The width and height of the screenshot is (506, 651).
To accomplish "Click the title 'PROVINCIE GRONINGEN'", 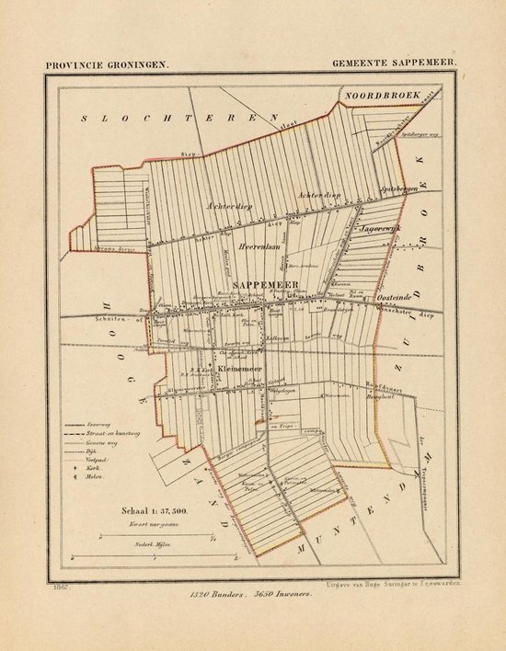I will pyautogui.click(x=94, y=65).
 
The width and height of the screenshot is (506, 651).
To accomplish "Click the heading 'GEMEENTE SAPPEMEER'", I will pyautogui.click(x=397, y=65).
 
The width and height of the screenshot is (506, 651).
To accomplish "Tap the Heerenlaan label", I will pyautogui.click(x=260, y=247).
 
